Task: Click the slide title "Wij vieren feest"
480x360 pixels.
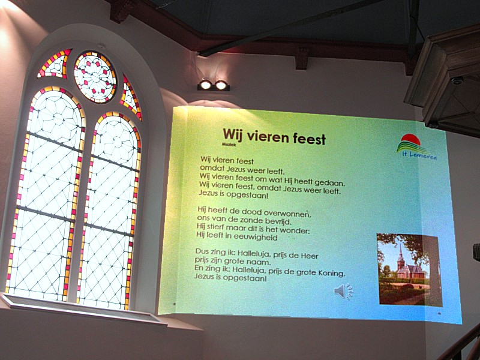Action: point(274,137)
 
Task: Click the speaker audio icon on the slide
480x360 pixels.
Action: point(343,291)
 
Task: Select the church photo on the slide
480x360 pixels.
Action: point(409,269)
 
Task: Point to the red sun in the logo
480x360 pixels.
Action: point(411,139)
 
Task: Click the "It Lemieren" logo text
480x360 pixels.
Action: point(419,155)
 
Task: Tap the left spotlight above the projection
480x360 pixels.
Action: point(205,85)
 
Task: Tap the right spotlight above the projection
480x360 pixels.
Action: point(221,85)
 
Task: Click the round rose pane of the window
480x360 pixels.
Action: point(95,77)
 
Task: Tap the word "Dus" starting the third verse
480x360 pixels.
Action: point(202,251)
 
